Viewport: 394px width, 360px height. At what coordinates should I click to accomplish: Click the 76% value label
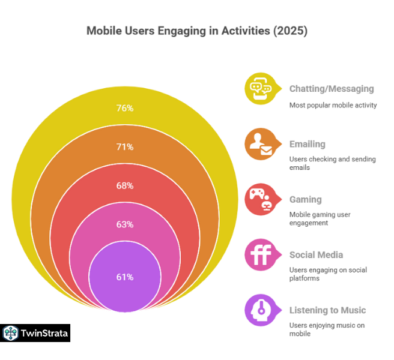(125, 108)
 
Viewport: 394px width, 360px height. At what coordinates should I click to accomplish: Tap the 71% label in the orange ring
(125, 146)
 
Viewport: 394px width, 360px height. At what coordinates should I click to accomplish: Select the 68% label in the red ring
(125, 185)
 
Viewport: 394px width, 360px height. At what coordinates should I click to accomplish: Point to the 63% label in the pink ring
(125, 224)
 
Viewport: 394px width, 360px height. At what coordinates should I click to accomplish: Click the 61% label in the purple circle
(125, 277)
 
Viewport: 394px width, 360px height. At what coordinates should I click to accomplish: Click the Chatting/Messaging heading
(331, 89)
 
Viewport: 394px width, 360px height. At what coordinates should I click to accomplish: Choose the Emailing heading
(307, 144)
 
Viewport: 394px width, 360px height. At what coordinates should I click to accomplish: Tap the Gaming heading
(305, 199)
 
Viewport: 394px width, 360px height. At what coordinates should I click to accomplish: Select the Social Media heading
(316, 255)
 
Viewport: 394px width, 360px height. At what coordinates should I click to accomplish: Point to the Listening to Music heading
(327, 310)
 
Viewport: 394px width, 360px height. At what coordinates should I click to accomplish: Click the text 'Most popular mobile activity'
(333, 105)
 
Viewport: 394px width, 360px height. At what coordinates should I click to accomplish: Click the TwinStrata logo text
(44, 333)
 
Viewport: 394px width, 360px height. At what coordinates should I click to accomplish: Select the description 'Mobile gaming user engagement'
(320, 218)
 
